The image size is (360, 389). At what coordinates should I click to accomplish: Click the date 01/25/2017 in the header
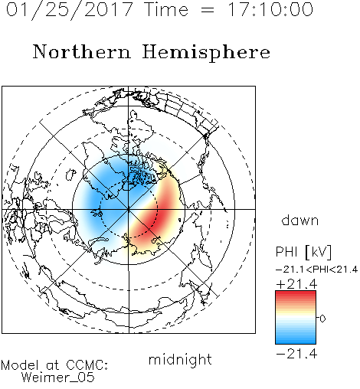69,10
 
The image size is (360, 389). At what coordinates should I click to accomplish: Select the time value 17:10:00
270,9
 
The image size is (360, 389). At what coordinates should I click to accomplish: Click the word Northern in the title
82,51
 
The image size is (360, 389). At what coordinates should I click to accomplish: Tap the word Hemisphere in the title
206,53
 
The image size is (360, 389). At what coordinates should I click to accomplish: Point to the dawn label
300,220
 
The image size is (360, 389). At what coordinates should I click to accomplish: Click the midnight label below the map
180,359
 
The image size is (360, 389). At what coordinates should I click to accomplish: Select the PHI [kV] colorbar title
303,252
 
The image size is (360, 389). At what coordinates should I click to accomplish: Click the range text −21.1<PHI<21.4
316,270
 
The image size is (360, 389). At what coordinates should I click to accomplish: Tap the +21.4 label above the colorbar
296,284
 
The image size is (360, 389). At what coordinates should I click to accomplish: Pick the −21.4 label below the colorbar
296,354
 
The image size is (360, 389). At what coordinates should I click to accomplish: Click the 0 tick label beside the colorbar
322,319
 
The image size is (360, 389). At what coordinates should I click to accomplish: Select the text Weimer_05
57,378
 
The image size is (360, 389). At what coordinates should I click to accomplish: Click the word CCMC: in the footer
87,365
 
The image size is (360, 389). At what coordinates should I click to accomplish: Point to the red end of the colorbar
296,294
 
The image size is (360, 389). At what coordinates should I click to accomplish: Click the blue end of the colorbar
296,341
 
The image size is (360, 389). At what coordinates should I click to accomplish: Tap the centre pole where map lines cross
129,209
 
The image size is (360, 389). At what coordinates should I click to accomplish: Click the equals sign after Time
207,10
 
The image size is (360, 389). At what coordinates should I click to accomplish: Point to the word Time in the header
166,9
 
